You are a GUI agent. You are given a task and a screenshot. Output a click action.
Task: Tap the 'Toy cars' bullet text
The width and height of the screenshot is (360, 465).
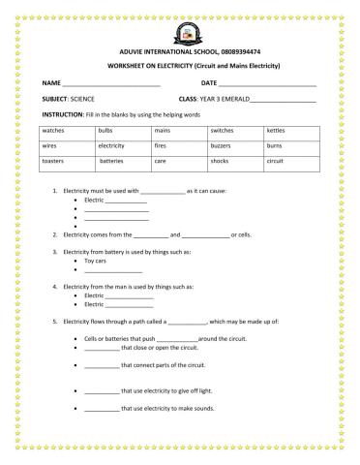coord(96,262)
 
